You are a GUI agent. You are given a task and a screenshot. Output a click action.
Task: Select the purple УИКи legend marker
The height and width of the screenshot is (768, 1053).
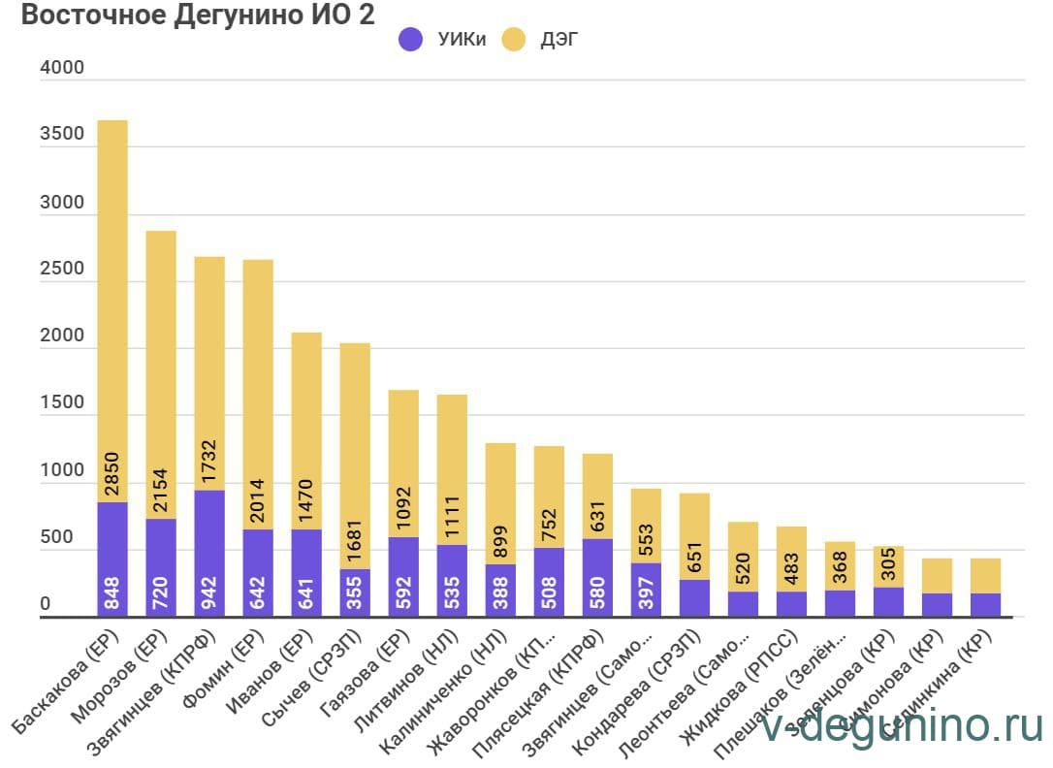(x=411, y=40)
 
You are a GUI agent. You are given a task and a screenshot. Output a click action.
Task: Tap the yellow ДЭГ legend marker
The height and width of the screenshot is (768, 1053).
(x=513, y=40)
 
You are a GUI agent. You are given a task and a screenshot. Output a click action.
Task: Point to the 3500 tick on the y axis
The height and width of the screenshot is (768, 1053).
(x=61, y=135)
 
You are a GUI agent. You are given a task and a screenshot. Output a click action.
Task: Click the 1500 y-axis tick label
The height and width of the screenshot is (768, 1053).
(x=61, y=403)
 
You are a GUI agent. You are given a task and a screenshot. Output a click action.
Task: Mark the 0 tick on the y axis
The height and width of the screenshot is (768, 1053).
(x=45, y=605)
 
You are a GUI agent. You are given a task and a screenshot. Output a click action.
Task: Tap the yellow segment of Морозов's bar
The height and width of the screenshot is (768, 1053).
(x=161, y=368)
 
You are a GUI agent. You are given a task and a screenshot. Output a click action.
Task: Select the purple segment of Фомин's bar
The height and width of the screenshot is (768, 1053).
(x=258, y=572)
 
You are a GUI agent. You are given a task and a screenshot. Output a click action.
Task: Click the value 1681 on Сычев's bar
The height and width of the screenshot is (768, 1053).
(x=355, y=536)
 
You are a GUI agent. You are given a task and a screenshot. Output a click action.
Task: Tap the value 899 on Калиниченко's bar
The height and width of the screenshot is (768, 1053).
(x=500, y=539)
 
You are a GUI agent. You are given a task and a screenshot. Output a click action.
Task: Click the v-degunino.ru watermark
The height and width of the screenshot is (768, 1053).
(x=903, y=726)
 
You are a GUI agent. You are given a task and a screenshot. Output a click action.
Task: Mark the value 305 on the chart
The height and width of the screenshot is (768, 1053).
(x=888, y=565)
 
